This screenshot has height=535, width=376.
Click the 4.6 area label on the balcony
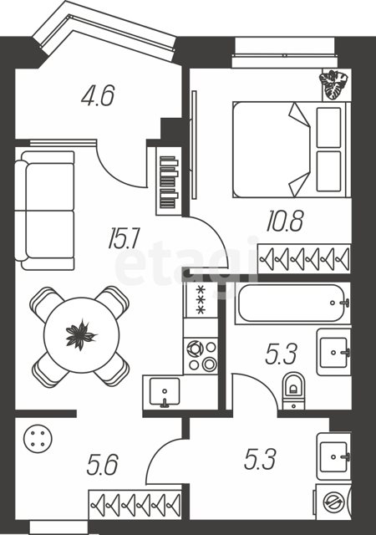coord(98,95)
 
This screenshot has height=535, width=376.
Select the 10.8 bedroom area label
coord(285,221)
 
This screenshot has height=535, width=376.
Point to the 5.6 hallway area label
coord(103,465)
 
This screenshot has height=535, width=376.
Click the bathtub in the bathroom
coord(292,303)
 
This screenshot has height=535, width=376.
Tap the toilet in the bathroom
coord(294,390)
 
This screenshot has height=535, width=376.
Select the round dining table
coord(82,335)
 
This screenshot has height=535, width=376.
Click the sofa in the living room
coord(44,210)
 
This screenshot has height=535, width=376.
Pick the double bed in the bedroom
coord(292,150)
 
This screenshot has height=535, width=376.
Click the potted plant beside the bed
coord(333,84)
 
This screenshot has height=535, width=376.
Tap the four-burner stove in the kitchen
coord(201,356)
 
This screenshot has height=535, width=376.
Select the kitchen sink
coord(165,391)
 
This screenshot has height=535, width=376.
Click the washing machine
coord(333,502)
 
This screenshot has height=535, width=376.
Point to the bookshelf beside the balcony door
coord(169,181)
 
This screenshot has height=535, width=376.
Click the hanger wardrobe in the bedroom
coord(304,258)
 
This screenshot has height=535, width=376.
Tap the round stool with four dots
coord(38,438)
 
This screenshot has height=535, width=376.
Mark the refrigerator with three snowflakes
coord(201,300)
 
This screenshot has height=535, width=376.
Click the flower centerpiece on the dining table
coord(81,334)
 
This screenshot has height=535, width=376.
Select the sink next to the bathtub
coord(334,352)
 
